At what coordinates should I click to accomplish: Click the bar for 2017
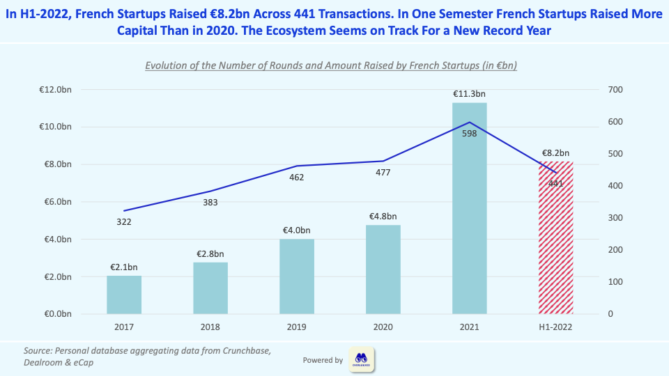[x=124, y=295]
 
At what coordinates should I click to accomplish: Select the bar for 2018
[x=210, y=288]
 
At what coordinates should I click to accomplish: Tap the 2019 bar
[x=297, y=276]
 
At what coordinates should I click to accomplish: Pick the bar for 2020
[x=383, y=269]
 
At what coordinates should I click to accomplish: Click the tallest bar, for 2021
[x=469, y=209]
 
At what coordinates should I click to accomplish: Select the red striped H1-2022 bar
[x=555, y=237]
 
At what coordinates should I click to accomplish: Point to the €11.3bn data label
[x=469, y=94]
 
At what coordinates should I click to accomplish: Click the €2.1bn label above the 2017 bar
[x=124, y=267]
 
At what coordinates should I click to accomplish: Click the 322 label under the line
[x=124, y=221]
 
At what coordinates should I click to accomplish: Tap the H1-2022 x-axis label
[x=555, y=327]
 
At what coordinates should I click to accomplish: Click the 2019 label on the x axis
[x=297, y=327]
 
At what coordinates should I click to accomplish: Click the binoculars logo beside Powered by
[x=362, y=360]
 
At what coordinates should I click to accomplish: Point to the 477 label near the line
[x=383, y=173]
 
